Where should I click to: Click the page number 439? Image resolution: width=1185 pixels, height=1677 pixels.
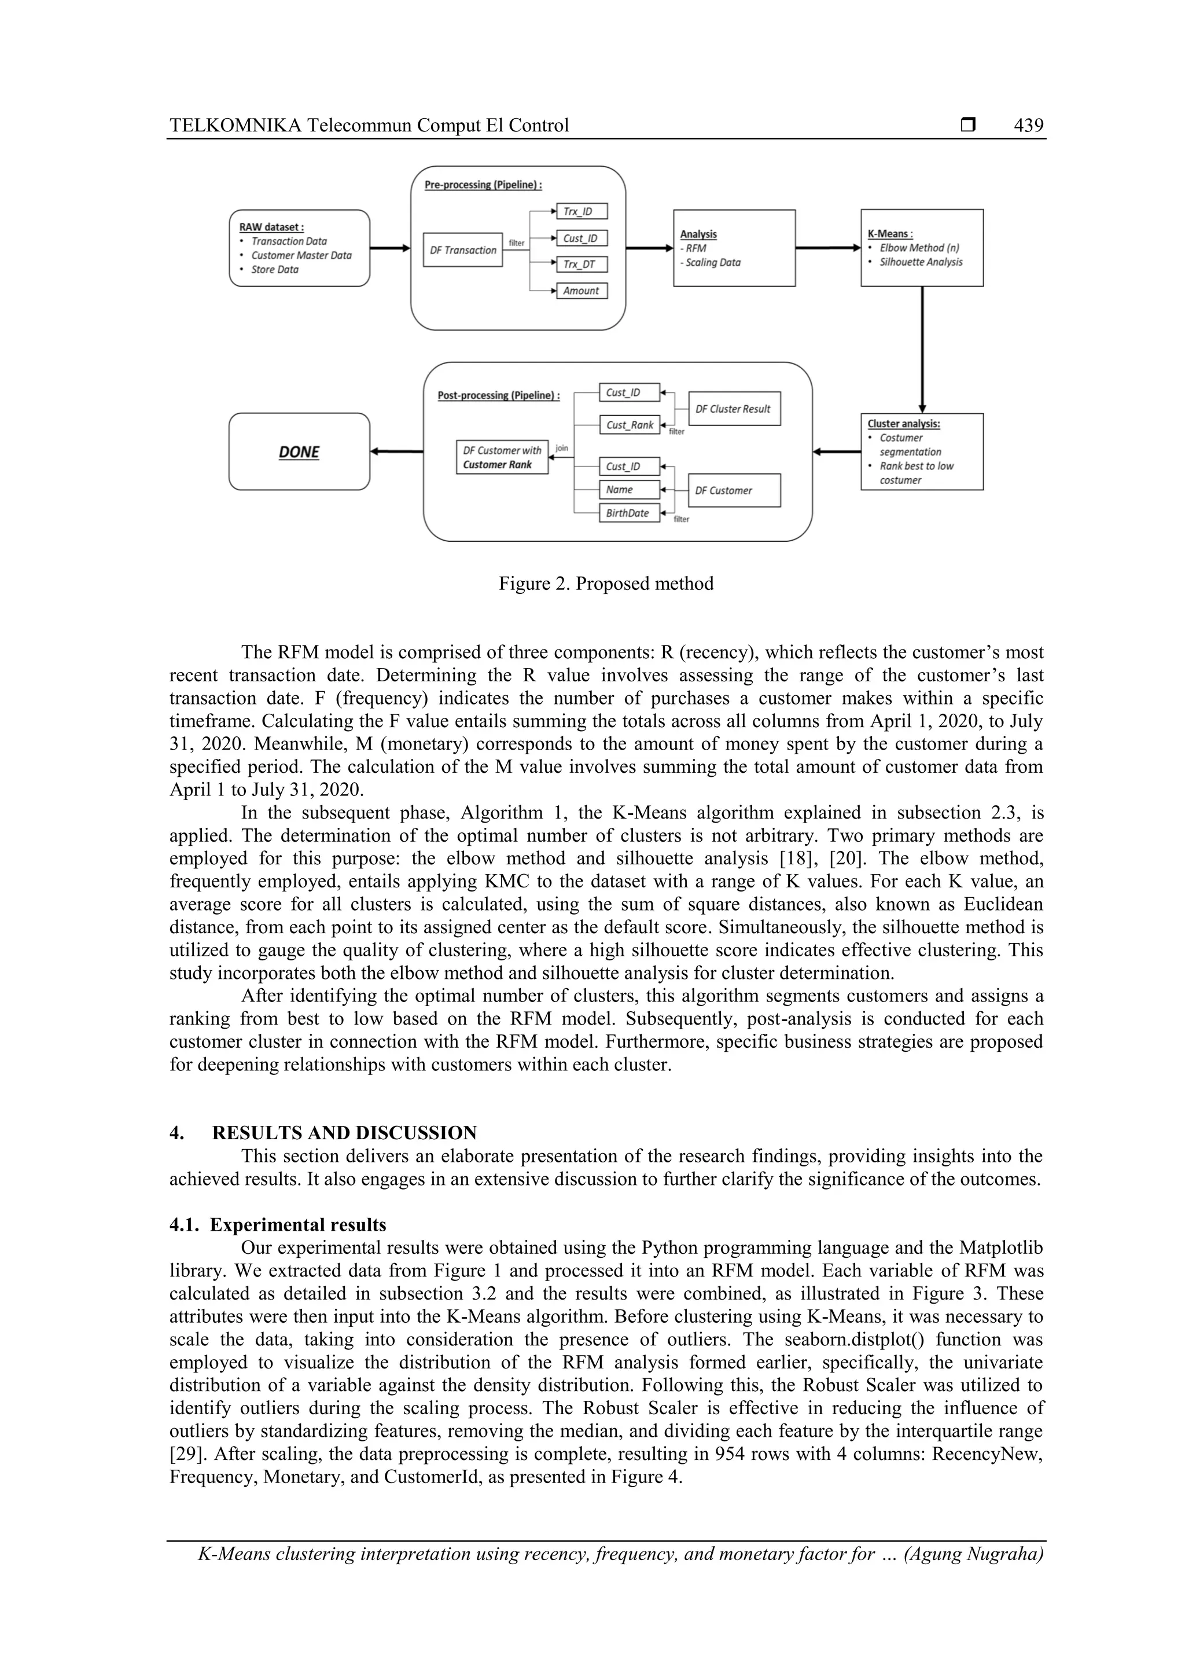click(1028, 126)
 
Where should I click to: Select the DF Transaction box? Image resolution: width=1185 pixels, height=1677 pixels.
click(463, 250)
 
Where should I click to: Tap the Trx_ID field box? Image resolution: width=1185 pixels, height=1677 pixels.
click(581, 212)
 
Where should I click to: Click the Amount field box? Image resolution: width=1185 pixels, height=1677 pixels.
click(581, 291)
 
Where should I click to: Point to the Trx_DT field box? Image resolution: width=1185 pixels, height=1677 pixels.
click(581, 265)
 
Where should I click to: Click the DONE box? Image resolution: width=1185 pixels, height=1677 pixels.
click(299, 452)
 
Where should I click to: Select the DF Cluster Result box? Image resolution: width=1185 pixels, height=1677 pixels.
click(734, 409)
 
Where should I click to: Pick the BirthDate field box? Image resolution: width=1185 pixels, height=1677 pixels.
click(628, 513)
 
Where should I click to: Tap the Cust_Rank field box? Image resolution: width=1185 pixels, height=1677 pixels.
click(628, 425)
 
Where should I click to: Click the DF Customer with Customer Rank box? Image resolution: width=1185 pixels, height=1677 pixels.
click(502, 457)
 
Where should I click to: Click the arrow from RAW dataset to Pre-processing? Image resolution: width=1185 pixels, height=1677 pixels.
click(390, 248)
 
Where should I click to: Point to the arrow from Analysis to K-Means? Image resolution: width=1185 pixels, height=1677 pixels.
click(827, 248)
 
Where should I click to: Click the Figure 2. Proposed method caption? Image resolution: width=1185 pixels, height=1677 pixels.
click(606, 584)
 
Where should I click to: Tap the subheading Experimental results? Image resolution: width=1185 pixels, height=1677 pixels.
click(298, 1225)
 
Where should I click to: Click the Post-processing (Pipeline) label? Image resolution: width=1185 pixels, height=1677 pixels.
click(499, 396)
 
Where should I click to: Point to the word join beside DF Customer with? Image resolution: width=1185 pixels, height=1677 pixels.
click(561, 447)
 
